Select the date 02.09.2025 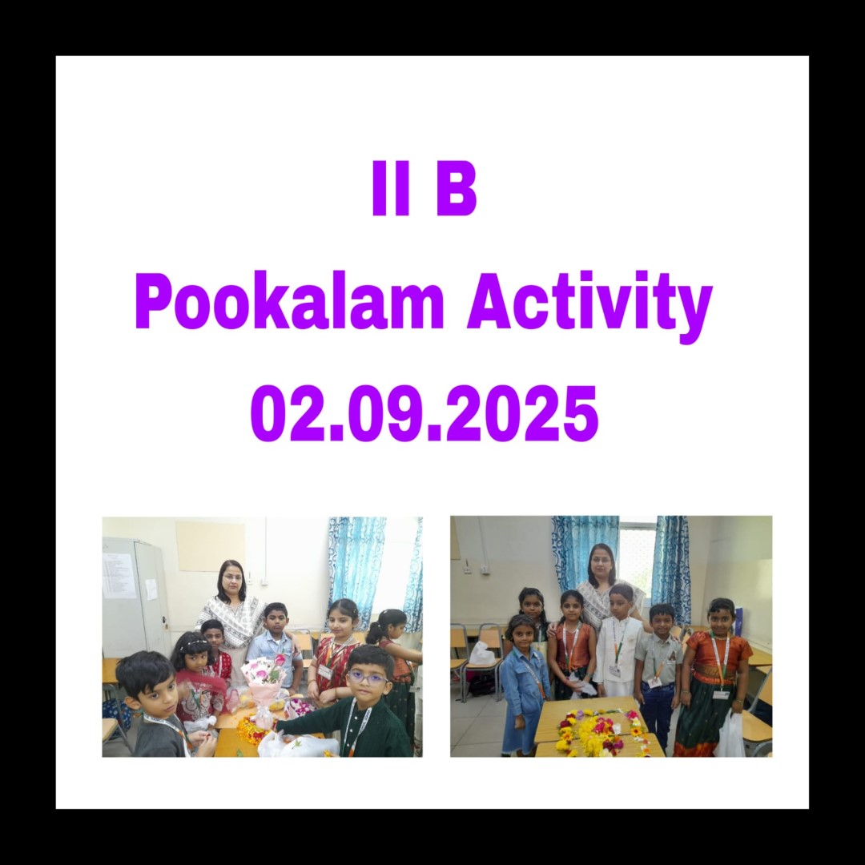click(424, 413)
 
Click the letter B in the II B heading click(456, 187)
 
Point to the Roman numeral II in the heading click(391, 187)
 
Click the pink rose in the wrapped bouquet click(280, 659)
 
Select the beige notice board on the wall click(210, 545)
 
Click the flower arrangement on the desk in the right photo click(601, 732)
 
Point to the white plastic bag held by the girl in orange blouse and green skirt click(730, 734)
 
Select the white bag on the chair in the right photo click(481, 654)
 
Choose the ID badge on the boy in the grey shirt click(655, 682)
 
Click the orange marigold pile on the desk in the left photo click(251, 728)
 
